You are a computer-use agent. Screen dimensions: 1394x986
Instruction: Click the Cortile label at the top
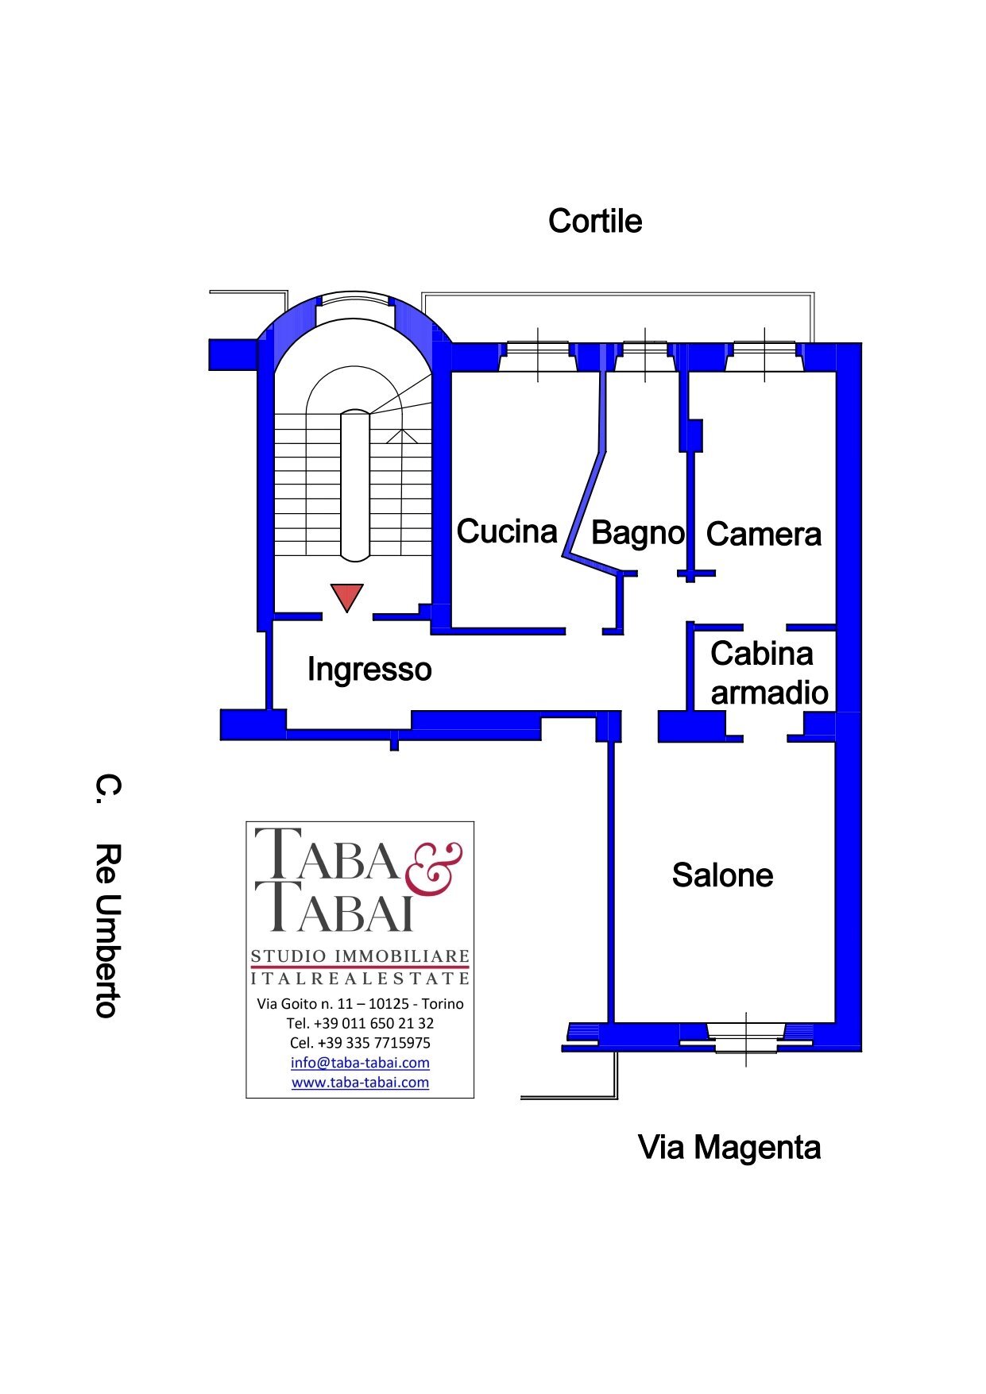coord(595,221)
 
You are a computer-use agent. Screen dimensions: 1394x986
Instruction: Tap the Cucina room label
coord(507,531)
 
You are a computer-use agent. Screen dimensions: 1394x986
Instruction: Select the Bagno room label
coord(637,533)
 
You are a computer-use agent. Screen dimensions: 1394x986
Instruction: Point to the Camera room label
coord(764,534)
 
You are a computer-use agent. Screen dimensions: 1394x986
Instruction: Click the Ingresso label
coord(369,669)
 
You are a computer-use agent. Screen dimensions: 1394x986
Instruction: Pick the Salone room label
coord(722,875)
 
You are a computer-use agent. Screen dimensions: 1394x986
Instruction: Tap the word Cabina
coord(761,654)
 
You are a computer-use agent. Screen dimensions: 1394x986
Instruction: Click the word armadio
coord(769,693)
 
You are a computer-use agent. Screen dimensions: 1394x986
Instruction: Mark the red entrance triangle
coord(346,596)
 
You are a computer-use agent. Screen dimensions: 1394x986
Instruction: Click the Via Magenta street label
coord(729,1148)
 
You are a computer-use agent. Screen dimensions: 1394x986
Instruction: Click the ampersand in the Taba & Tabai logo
coord(434,868)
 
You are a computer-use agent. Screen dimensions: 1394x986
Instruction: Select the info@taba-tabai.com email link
coord(360,1063)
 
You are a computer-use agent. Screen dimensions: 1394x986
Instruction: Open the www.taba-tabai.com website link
coord(360,1083)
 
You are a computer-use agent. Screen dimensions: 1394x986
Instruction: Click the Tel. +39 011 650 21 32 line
coord(360,1023)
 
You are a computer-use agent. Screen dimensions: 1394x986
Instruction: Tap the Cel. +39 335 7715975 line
coord(360,1043)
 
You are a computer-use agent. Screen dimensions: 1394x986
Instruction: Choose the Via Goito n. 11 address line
coord(360,1004)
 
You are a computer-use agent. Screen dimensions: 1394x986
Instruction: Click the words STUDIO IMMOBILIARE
coord(360,956)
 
